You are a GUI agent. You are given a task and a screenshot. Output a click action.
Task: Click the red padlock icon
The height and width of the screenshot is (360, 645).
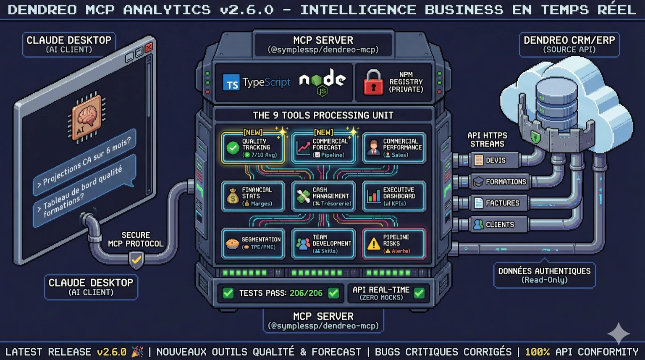point(373,82)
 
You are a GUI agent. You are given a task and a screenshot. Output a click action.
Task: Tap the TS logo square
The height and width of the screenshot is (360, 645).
point(231,83)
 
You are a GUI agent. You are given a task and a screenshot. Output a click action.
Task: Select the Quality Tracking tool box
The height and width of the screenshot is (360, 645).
point(253,148)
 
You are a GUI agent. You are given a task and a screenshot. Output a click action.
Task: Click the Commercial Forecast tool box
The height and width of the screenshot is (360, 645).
point(323,148)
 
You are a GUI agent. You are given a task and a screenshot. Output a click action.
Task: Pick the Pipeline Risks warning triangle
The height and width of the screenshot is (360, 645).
point(373,244)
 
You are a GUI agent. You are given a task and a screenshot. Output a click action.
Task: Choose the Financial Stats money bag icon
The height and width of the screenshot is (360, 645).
point(233,197)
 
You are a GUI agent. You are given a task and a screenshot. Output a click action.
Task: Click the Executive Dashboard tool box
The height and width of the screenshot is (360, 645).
point(394,196)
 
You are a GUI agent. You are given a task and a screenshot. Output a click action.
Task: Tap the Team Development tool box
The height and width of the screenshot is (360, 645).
point(323,244)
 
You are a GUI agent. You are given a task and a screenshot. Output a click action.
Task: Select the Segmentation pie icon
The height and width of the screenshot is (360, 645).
point(232,244)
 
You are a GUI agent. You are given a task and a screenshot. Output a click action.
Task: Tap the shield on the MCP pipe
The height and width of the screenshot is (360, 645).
point(136,260)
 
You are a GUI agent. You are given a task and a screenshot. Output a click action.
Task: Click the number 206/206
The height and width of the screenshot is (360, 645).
point(306,293)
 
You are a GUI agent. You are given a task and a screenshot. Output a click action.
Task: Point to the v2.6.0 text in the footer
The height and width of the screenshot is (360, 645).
point(111,352)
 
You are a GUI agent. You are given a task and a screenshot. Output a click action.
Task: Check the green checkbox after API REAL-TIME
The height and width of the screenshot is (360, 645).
point(419,293)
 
